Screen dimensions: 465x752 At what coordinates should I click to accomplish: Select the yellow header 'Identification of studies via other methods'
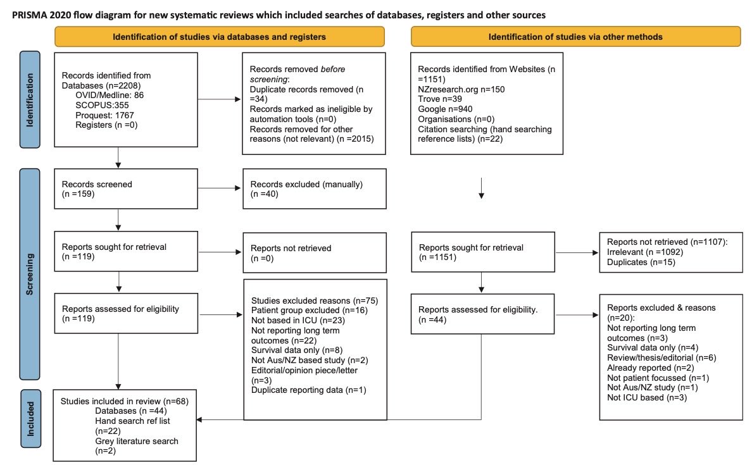(575, 37)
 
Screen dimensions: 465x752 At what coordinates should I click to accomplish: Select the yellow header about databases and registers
(219, 37)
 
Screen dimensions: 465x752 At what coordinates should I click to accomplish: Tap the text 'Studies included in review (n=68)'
(125, 401)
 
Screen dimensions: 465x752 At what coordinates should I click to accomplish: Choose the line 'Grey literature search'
(137, 440)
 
